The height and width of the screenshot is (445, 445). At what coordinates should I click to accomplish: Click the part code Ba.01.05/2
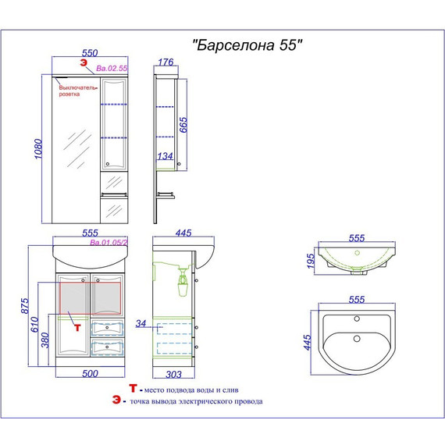tap(109, 243)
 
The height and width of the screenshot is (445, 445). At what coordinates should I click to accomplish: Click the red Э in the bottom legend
tap(116, 401)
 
